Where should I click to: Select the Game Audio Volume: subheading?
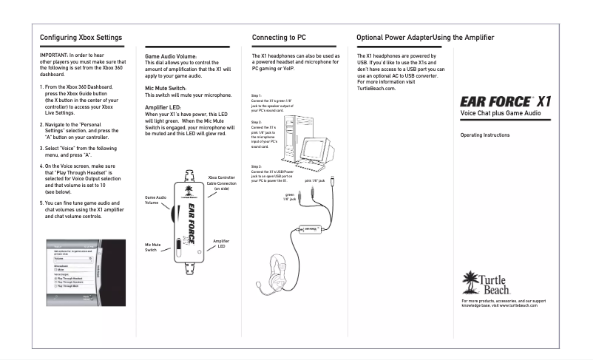170,56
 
